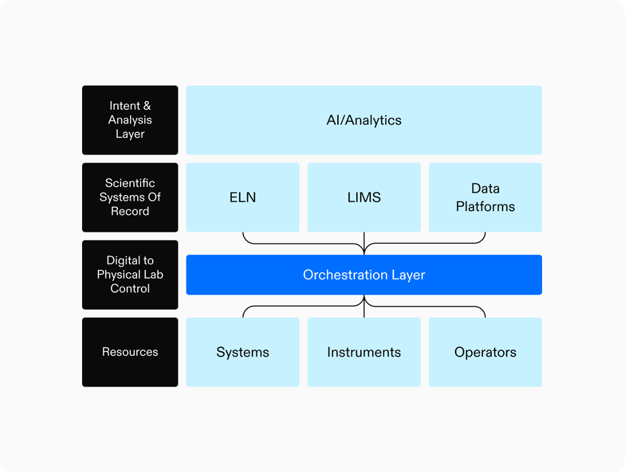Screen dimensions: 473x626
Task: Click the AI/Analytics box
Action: pos(364,120)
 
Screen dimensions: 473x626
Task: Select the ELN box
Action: pos(243,197)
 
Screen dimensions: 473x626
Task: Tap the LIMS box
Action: pos(364,197)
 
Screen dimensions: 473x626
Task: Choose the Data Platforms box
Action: pos(485,197)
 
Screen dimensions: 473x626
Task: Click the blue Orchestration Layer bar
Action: pos(364,275)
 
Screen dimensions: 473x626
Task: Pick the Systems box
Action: pos(243,352)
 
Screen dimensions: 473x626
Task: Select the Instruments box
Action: pos(364,352)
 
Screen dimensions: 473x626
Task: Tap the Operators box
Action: pos(485,352)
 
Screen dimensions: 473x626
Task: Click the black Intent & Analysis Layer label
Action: pos(130,120)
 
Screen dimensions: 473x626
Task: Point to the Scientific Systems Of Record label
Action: pos(130,197)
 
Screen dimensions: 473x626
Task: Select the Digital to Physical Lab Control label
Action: pos(130,275)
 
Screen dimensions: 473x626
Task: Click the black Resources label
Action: pos(130,352)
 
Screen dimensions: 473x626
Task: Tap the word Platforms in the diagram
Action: pos(485,207)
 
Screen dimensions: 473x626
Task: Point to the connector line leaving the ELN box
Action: pos(243,237)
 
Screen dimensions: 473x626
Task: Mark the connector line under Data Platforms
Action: pos(485,237)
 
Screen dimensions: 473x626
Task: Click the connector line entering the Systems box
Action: pos(243,313)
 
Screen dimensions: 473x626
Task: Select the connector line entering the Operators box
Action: pos(484,313)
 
